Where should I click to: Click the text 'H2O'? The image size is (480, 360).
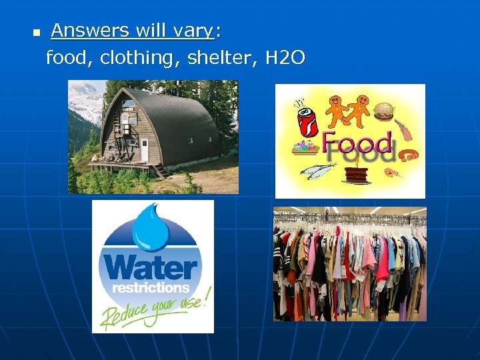[285, 58]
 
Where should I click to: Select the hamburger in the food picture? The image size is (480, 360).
[384, 110]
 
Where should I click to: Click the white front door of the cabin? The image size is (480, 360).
[144, 151]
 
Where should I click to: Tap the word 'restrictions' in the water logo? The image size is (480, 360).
[151, 288]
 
